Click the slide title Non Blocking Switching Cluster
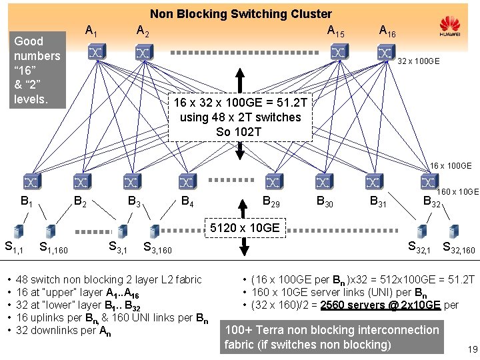[240, 13]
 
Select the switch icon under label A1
[90, 52]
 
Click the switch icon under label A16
[385, 52]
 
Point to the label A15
[335, 31]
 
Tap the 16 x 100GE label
[450, 165]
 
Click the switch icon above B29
[273, 181]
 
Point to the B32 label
[431, 202]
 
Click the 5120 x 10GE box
[243, 228]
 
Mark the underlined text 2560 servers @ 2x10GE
[379, 305]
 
